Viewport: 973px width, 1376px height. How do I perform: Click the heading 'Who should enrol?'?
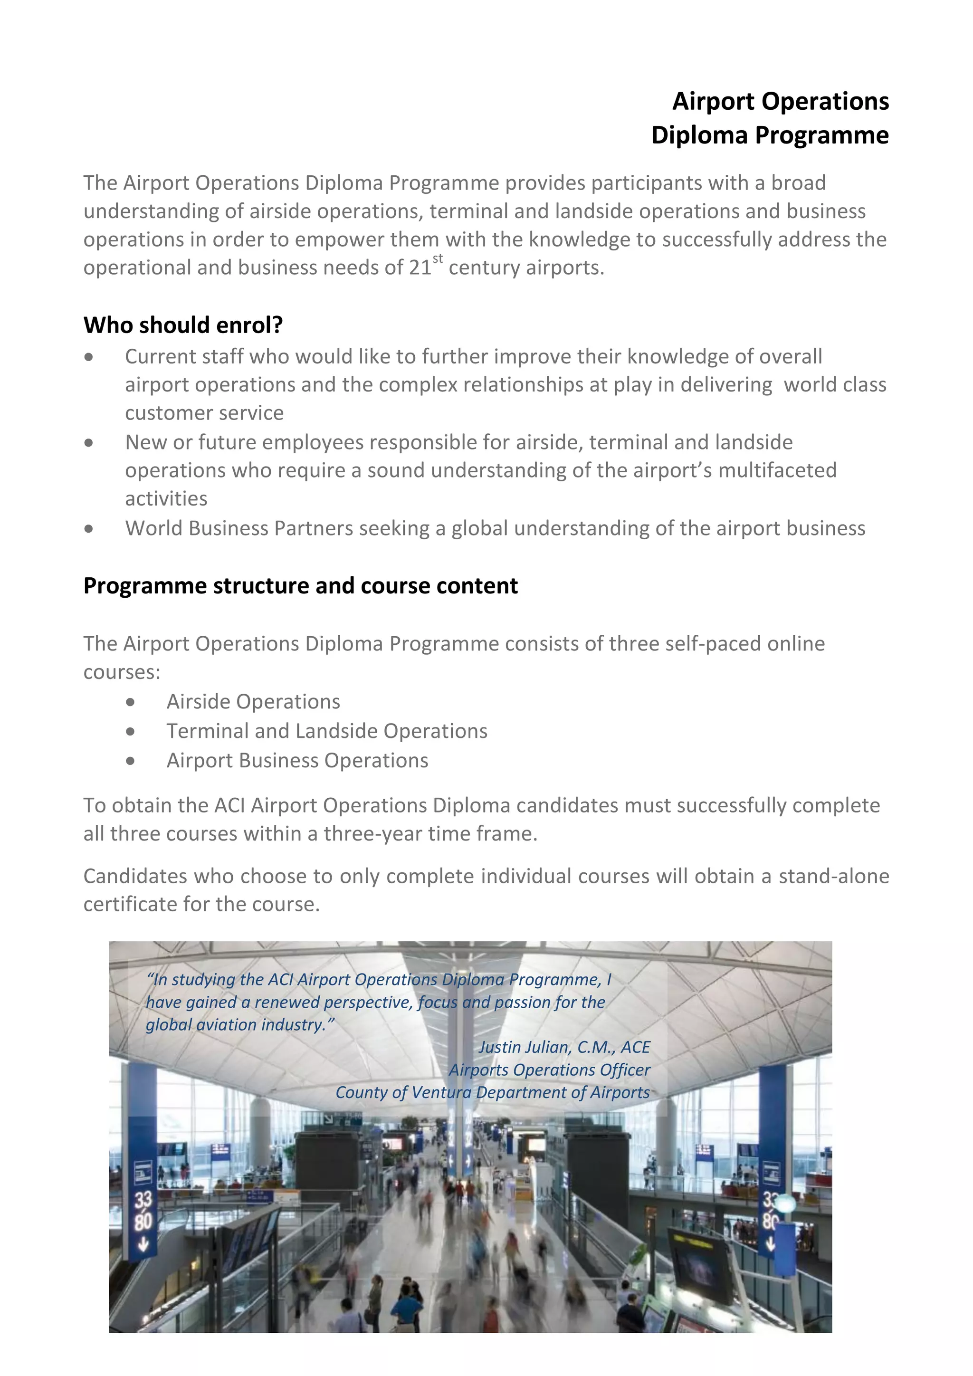point(183,325)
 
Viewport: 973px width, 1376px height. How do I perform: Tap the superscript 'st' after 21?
point(438,258)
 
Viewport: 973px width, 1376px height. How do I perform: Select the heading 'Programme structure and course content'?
point(300,585)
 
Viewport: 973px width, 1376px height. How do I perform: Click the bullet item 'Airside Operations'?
point(253,701)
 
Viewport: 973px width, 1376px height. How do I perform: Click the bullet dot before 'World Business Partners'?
point(89,528)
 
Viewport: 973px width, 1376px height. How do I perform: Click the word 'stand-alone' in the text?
point(833,876)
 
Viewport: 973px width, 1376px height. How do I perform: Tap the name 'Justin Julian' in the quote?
point(524,1047)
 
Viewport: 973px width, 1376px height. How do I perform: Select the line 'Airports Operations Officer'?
point(549,1070)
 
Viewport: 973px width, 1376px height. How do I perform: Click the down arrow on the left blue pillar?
point(143,1244)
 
